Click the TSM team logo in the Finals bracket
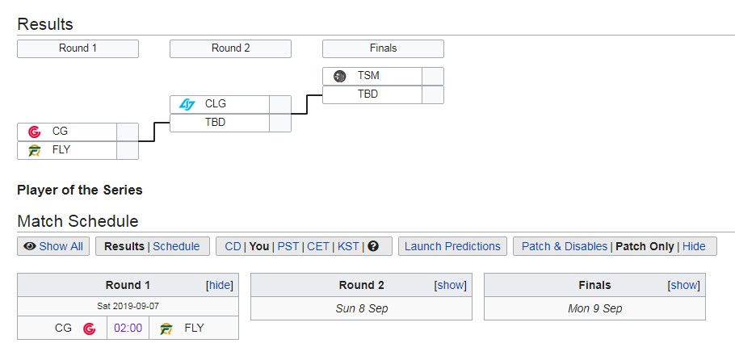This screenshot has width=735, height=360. click(x=339, y=76)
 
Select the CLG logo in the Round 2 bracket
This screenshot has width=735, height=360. click(x=187, y=105)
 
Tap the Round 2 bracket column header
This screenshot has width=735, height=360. click(x=230, y=48)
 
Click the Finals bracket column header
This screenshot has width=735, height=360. click(x=383, y=48)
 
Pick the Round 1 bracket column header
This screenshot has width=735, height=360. click(x=78, y=48)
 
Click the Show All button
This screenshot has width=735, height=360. click(x=53, y=246)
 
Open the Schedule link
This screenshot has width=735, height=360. click(x=176, y=246)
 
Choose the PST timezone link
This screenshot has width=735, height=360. click(x=288, y=246)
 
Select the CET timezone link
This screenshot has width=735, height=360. click(x=318, y=246)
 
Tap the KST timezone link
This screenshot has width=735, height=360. click(x=348, y=246)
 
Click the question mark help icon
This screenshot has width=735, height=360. click(x=373, y=246)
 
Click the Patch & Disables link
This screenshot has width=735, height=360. click(x=565, y=246)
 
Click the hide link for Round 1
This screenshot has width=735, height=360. click(x=220, y=286)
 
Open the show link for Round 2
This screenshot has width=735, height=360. click(x=451, y=286)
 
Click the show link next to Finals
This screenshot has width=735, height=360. click(x=684, y=286)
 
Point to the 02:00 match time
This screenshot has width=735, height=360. click(x=128, y=329)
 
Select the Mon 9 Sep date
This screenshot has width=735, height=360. click(x=594, y=309)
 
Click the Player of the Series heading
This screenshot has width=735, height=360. click(x=80, y=190)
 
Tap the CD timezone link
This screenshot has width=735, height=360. click(x=233, y=246)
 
